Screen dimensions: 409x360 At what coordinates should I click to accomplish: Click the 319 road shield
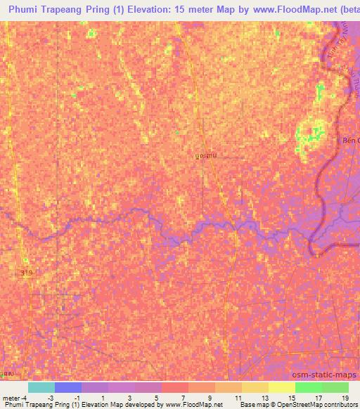(x=27, y=272)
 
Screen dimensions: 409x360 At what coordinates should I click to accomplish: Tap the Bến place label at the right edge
(x=350, y=141)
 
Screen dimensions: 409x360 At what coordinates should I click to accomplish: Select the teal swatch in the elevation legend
(x=41, y=387)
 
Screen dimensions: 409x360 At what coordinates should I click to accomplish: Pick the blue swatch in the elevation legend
(x=67, y=387)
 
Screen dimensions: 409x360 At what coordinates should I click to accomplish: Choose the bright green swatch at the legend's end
(x=335, y=387)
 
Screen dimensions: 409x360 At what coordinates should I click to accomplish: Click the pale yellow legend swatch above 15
(x=281, y=387)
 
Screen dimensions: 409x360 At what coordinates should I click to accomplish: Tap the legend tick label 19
(x=344, y=398)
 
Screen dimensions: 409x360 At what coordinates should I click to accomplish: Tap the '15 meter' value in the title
(x=191, y=9)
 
